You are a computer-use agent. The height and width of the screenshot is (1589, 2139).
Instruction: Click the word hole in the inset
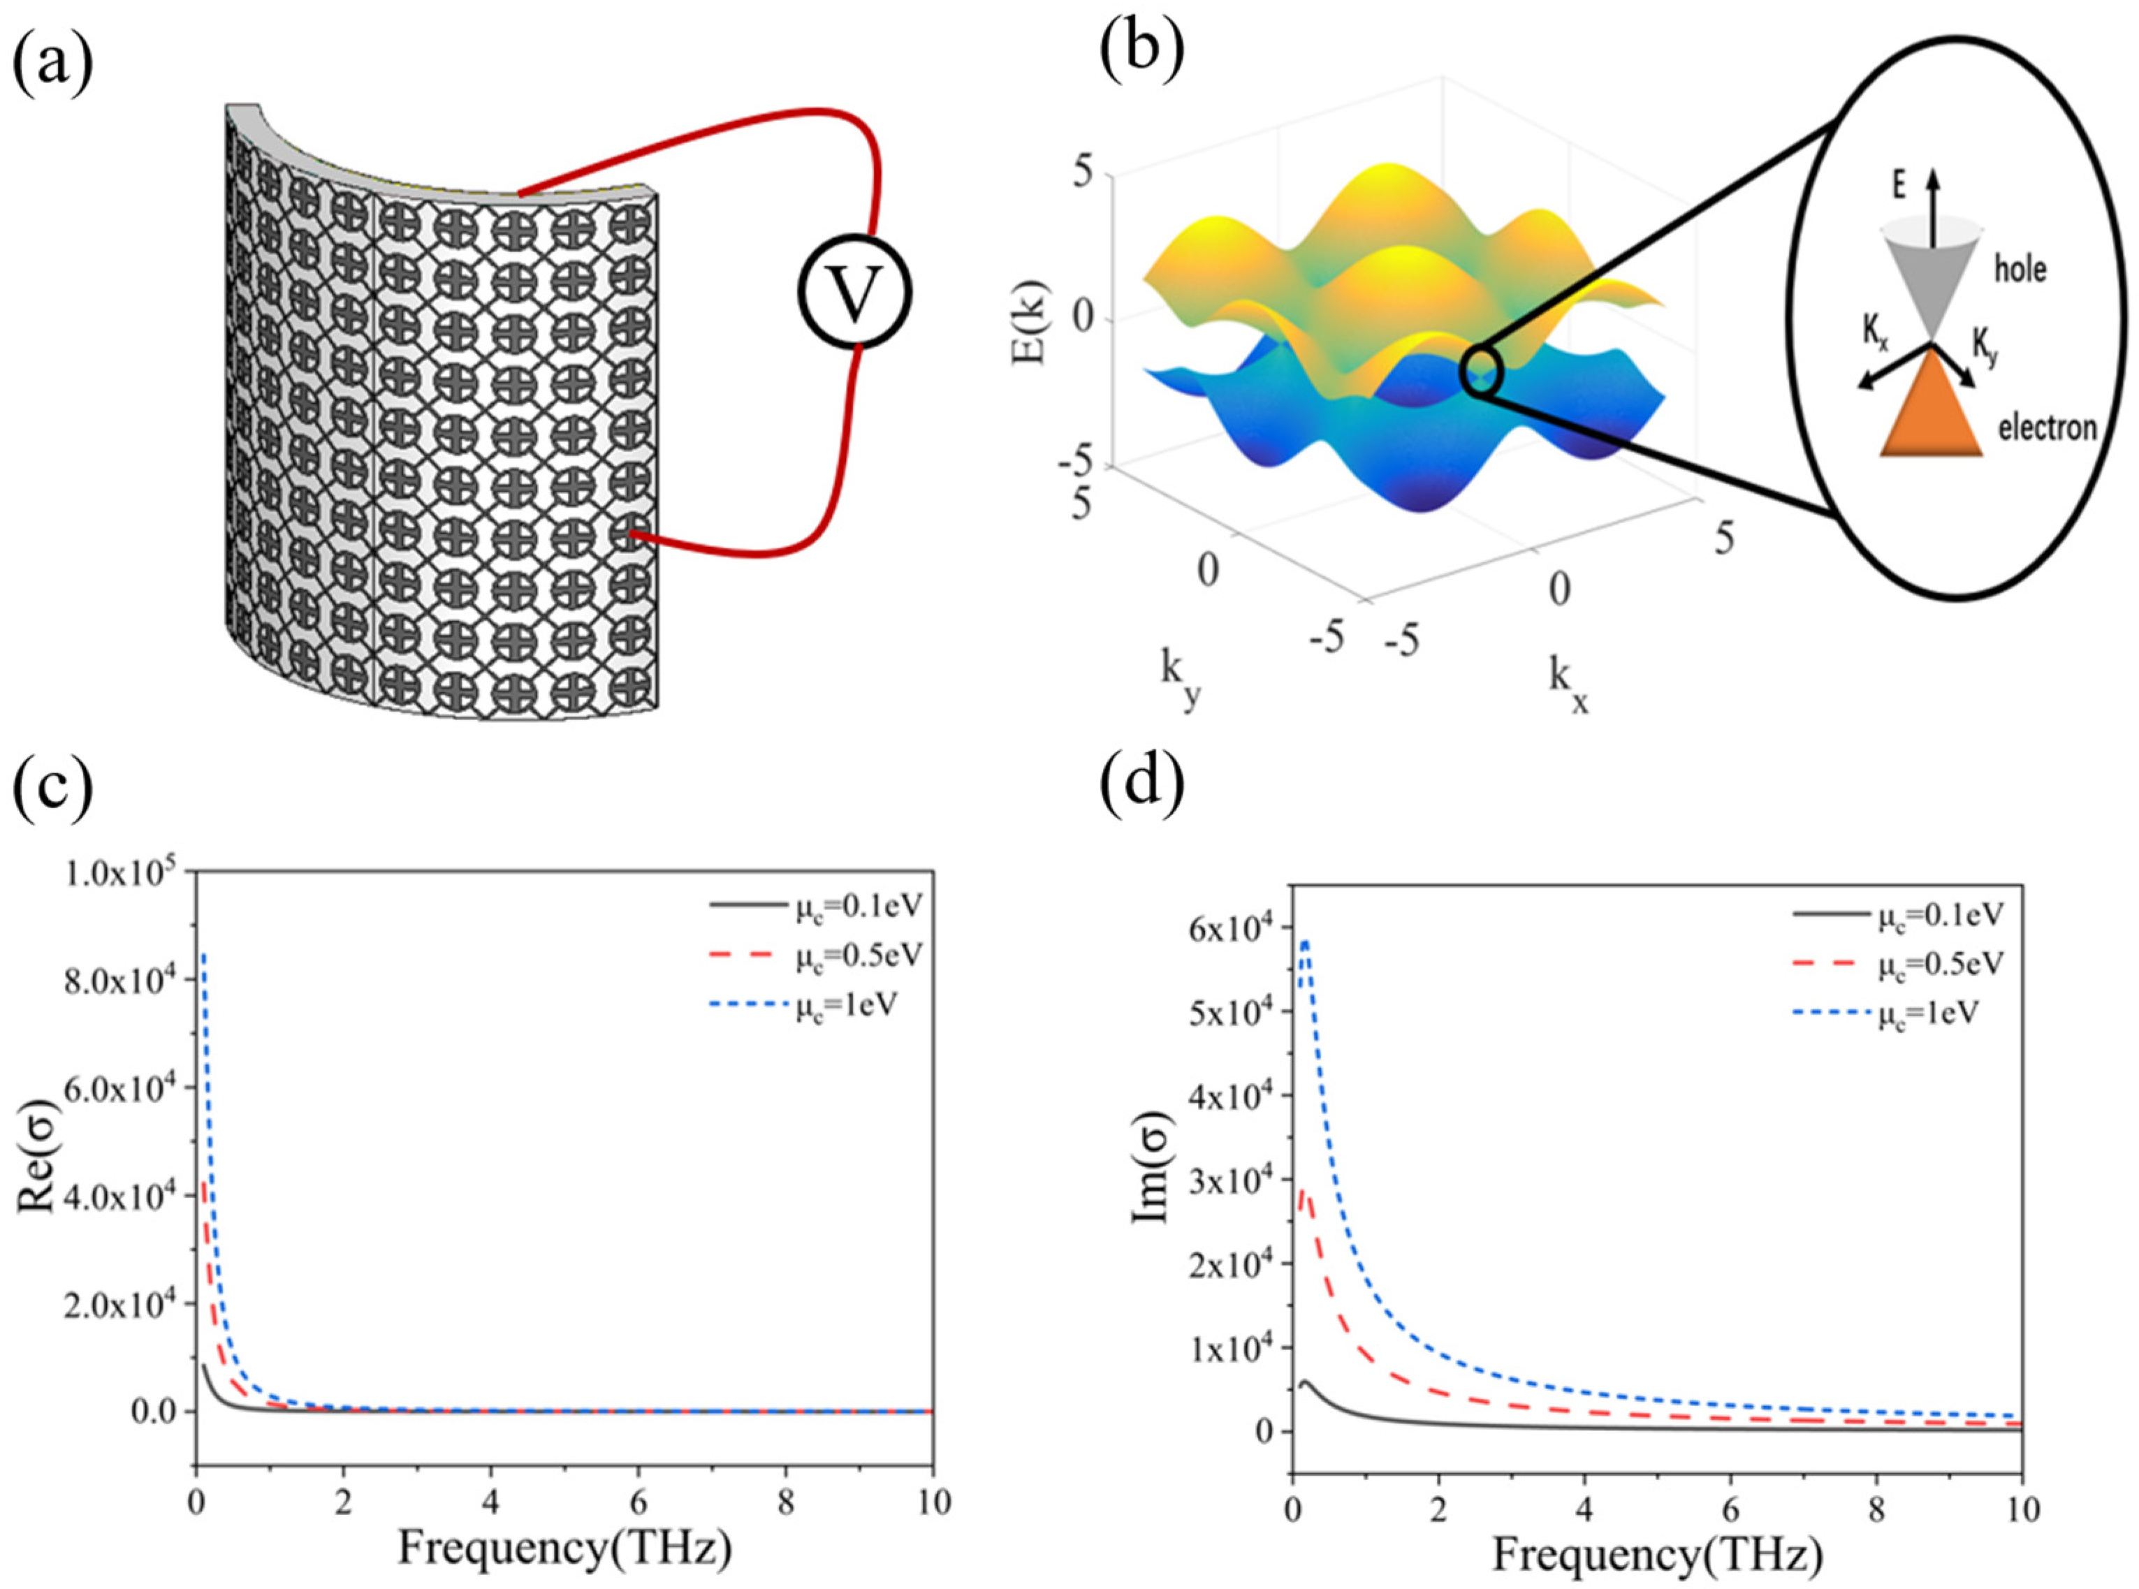2020,270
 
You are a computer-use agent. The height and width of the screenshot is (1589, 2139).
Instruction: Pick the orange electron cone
1932,409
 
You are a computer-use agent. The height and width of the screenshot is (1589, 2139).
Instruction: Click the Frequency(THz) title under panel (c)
564,1548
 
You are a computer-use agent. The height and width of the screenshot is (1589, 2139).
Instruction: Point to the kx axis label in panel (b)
1567,686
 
